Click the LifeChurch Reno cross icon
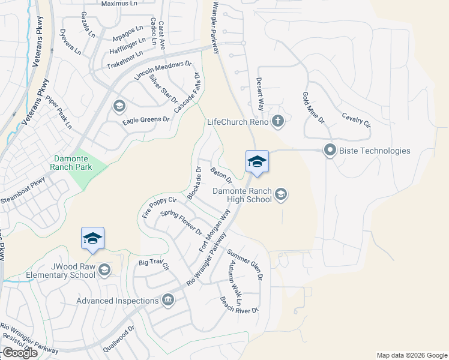click(x=277, y=122)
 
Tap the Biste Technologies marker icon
click(x=330, y=151)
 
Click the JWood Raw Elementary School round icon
click(x=105, y=270)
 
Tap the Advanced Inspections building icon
click(x=168, y=300)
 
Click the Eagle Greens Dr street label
click(x=146, y=120)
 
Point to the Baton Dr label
click(x=221, y=176)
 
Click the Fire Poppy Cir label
click(x=158, y=206)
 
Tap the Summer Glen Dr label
click(x=245, y=265)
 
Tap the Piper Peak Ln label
click(x=58, y=115)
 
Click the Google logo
click(x=20, y=353)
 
